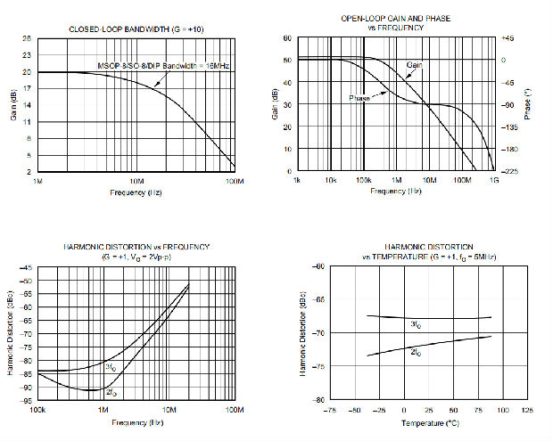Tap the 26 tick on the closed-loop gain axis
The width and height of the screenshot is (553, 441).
[x=28, y=38]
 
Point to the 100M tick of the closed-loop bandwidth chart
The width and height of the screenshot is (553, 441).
[x=235, y=181]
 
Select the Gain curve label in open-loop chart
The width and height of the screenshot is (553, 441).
[x=415, y=65]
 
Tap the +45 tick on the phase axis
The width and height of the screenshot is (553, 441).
[x=508, y=38]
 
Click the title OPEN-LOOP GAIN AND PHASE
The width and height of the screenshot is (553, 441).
[x=396, y=19]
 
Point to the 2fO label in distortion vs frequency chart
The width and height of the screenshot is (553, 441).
[x=111, y=392]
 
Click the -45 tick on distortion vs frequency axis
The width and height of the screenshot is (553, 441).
[x=26, y=267]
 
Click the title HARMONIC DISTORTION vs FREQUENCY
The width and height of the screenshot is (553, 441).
[x=136, y=246]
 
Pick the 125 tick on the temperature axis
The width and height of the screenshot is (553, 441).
[x=526, y=410]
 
